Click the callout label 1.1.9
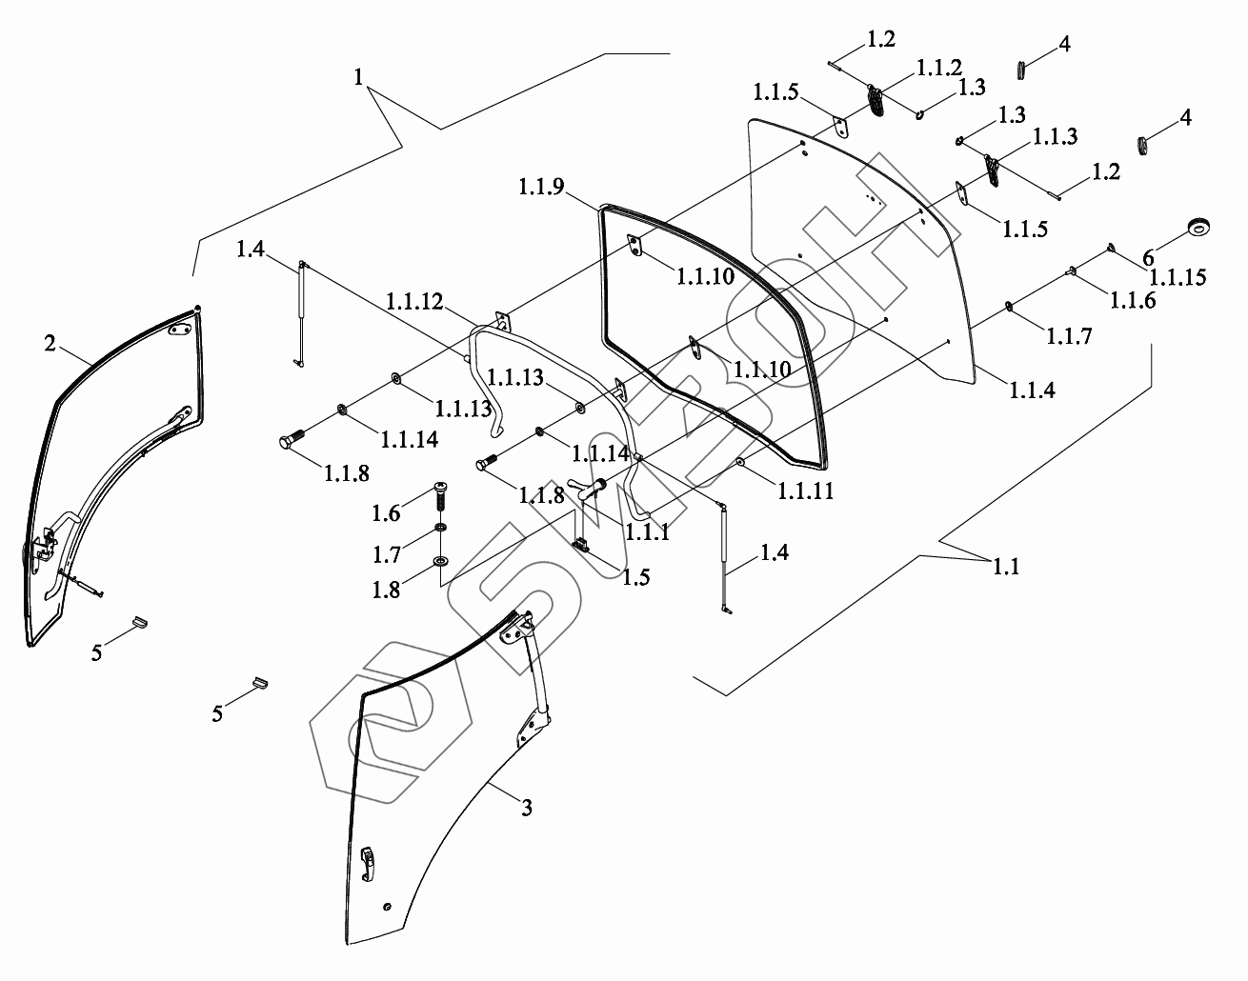542,188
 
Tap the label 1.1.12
415,302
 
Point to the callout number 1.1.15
1178,278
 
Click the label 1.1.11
806,491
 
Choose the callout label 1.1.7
1069,335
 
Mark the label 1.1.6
1132,301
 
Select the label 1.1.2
939,68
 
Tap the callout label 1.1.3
1053,137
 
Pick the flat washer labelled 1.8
440,560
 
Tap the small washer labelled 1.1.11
740,463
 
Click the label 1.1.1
646,532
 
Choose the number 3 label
526,809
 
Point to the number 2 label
50,344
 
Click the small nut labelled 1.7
440,530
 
